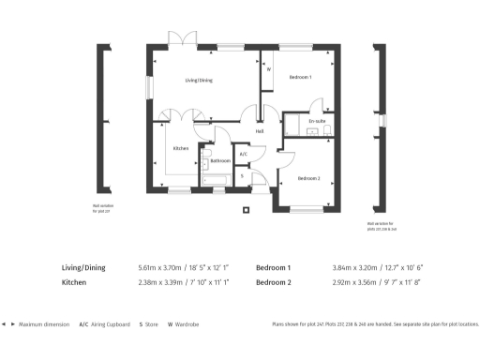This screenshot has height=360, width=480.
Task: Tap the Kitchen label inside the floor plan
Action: pyautogui.click(x=182, y=149)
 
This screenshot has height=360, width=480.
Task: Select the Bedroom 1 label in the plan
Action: pyautogui.click(x=300, y=77)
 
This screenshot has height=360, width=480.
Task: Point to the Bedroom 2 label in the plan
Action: pyautogui.click(x=309, y=178)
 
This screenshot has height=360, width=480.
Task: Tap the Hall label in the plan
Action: pyautogui.click(x=259, y=131)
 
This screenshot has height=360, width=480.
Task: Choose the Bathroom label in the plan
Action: pyautogui.click(x=220, y=160)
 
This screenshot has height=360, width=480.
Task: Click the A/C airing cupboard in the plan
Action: pyautogui.click(x=244, y=154)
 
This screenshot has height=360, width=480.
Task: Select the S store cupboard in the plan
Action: pyautogui.click(x=242, y=175)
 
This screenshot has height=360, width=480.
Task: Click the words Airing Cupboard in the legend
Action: pyautogui.click(x=109, y=323)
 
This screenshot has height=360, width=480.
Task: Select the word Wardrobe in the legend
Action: pyautogui.click(x=184, y=323)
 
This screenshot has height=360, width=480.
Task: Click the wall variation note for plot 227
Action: pyautogui.click(x=101, y=208)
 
